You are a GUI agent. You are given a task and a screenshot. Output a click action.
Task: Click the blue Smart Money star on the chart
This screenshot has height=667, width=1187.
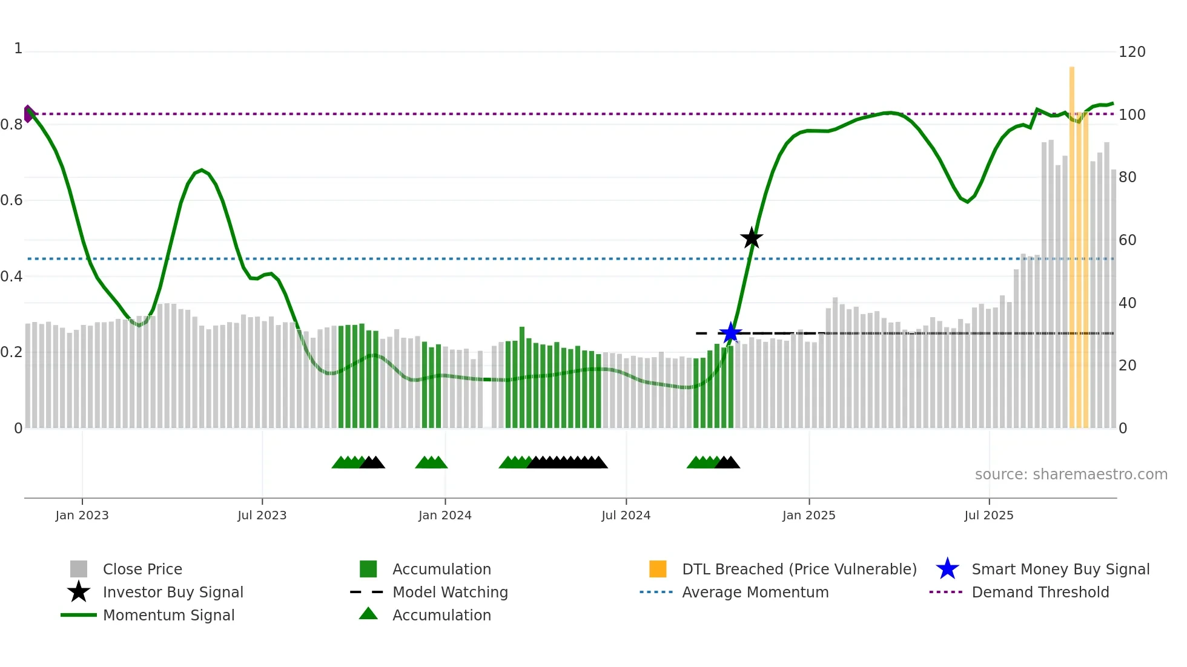pyautogui.click(x=730, y=333)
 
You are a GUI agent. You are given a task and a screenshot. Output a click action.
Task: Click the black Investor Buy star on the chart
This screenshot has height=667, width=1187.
pyautogui.click(x=751, y=238)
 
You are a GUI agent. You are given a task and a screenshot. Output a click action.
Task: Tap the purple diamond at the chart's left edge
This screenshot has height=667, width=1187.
pyautogui.click(x=28, y=114)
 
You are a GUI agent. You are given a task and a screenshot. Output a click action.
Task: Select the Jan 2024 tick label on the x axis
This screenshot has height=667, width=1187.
pyautogui.click(x=445, y=516)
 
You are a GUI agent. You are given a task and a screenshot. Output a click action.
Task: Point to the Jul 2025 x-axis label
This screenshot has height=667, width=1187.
pyautogui.click(x=988, y=516)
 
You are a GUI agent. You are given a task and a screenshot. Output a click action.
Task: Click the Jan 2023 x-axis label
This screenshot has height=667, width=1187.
pyautogui.click(x=82, y=516)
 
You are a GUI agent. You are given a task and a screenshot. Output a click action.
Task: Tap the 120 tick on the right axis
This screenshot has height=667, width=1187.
pyautogui.click(x=1131, y=52)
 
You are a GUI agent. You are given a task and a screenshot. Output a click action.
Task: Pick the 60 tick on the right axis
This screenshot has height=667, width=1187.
pyautogui.click(x=1127, y=240)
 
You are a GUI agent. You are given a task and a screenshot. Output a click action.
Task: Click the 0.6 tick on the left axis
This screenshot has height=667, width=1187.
pyautogui.click(x=12, y=200)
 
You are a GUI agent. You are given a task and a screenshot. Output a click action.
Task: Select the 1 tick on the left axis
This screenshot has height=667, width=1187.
pyautogui.click(x=18, y=48)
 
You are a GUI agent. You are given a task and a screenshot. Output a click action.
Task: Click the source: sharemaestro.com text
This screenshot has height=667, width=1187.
pyautogui.click(x=1071, y=475)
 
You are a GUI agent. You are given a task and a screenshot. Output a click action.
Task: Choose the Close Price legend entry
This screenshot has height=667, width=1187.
pyautogui.click(x=142, y=570)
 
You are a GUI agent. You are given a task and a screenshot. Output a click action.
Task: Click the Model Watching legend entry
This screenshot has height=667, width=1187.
pyautogui.click(x=450, y=593)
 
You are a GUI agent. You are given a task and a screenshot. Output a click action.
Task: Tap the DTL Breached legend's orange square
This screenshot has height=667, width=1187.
pyautogui.click(x=658, y=569)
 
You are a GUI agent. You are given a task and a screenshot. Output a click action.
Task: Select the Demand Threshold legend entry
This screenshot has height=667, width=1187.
pyautogui.click(x=1040, y=593)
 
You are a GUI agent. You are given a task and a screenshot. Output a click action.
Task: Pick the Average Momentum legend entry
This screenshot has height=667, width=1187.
pyautogui.click(x=755, y=593)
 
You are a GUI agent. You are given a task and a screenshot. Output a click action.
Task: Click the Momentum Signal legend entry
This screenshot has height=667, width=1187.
pyautogui.click(x=168, y=616)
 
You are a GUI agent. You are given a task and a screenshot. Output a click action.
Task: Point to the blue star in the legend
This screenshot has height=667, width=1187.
pyautogui.click(x=947, y=569)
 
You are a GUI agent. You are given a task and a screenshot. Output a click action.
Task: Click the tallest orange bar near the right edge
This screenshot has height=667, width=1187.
pyautogui.click(x=1071, y=242)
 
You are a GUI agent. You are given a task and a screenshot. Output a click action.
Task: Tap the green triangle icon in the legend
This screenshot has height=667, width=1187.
pyautogui.click(x=368, y=614)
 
